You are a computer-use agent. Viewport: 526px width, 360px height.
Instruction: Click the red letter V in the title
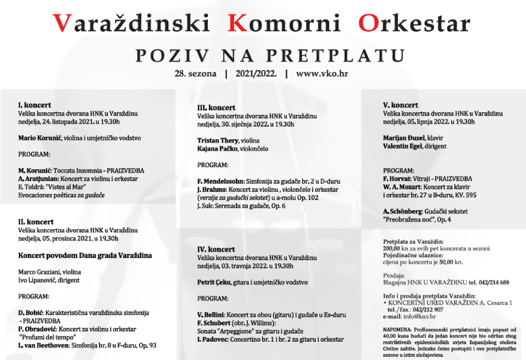(62, 23)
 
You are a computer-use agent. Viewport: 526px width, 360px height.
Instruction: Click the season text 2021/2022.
(256, 74)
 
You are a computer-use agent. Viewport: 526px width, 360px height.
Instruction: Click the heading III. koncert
(216, 107)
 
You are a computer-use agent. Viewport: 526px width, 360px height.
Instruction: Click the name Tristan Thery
(218, 141)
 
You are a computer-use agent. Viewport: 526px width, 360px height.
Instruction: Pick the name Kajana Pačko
(217, 149)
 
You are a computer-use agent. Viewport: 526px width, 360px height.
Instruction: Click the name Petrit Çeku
(214, 282)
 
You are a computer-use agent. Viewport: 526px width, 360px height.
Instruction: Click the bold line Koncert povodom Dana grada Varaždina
(85, 255)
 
